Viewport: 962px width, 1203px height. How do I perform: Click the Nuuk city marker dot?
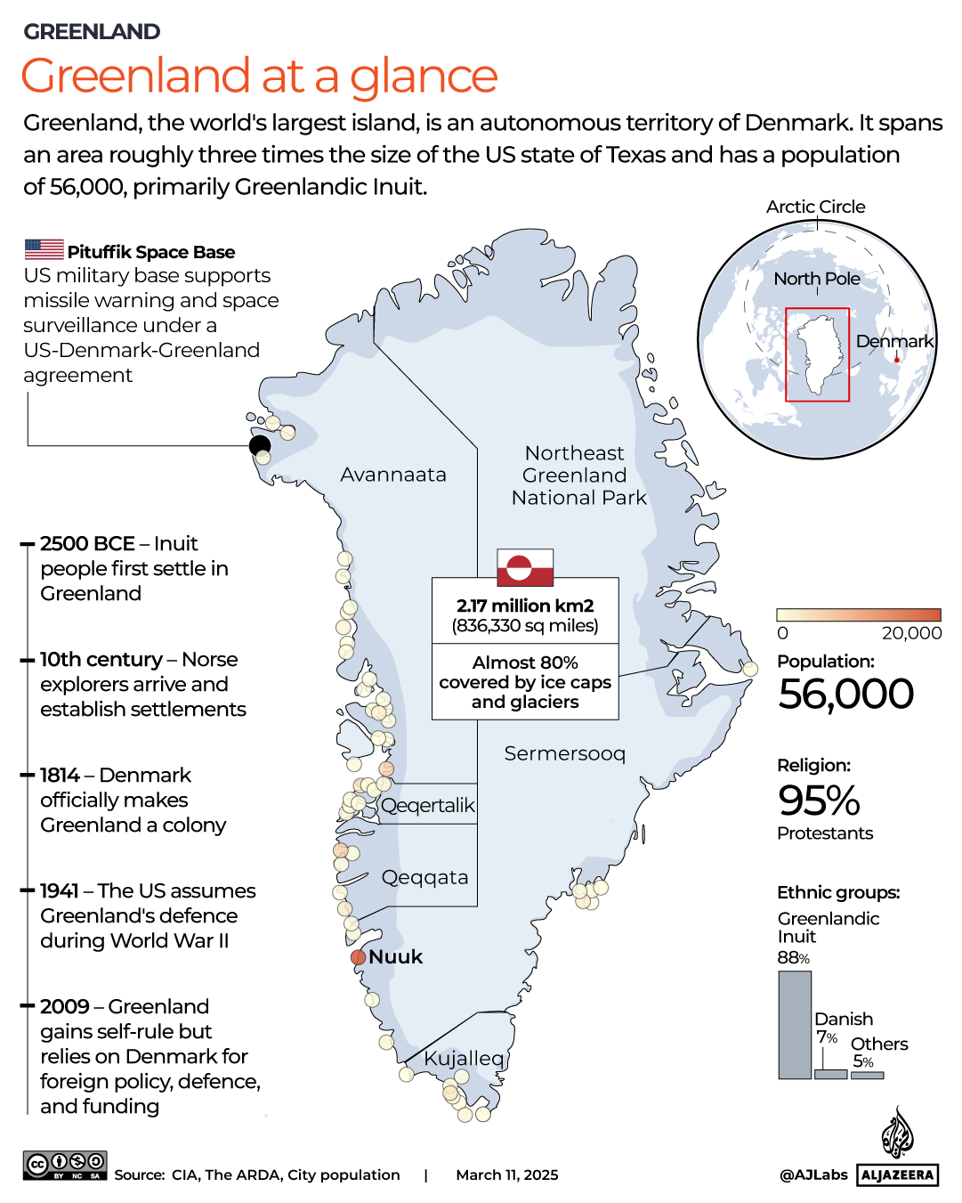[358, 957]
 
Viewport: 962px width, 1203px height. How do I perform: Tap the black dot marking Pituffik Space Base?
[260, 445]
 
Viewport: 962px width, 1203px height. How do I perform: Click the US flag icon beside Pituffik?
[44, 249]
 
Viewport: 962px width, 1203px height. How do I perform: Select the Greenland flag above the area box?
[525, 567]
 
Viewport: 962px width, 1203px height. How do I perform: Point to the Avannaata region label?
[393, 475]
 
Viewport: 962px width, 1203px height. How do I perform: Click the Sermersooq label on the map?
[564, 753]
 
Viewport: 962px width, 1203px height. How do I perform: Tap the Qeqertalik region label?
[428, 805]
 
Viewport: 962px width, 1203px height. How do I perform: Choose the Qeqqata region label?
[424, 877]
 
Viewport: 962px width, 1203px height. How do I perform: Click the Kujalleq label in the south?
[464, 1058]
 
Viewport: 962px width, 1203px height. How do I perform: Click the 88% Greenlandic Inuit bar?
[795, 1025]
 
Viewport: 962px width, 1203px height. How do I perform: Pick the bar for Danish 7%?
[830, 1074]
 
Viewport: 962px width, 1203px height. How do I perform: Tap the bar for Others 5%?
[867, 1075]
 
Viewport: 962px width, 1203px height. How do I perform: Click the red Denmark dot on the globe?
[897, 360]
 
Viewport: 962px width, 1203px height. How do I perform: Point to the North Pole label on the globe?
[816, 279]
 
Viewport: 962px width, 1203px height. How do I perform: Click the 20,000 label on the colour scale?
[911, 633]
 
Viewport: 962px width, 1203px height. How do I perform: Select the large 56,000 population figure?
[845, 694]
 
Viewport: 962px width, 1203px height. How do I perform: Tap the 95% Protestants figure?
[819, 800]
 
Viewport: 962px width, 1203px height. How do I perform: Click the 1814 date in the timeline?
[60, 775]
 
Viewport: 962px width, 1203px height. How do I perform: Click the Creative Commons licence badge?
[65, 1165]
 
